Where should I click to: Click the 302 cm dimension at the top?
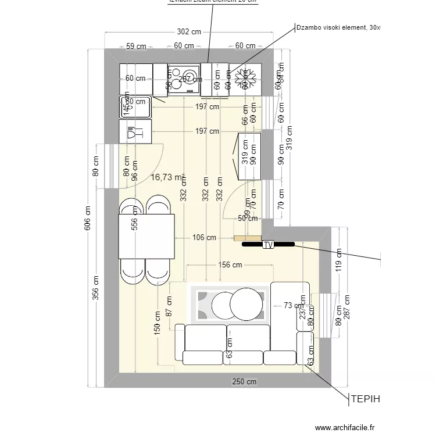(x=188, y=33)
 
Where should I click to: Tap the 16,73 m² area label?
(x=167, y=177)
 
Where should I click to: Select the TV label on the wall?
(x=269, y=245)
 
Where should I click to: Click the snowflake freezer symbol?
(x=245, y=79)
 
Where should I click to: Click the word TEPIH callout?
(x=364, y=399)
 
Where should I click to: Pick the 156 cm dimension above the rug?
(x=230, y=265)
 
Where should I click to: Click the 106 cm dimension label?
(x=204, y=237)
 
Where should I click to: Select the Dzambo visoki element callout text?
(x=337, y=27)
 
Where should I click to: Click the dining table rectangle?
(x=146, y=236)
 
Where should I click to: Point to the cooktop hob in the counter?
(x=183, y=80)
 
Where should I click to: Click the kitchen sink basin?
(x=135, y=106)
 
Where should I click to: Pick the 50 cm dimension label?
(x=248, y=219)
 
